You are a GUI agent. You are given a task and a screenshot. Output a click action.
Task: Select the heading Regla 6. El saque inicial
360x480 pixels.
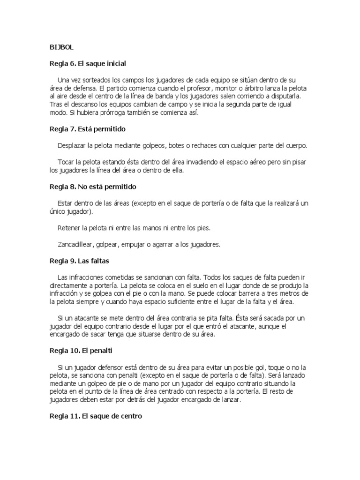point(88,63)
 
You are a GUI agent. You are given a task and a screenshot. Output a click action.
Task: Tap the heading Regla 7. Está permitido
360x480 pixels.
point(88,128)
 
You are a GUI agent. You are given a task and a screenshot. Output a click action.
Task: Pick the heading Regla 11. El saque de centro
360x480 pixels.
point(96,416)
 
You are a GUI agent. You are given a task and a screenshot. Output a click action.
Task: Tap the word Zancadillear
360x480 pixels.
point(76,244)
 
